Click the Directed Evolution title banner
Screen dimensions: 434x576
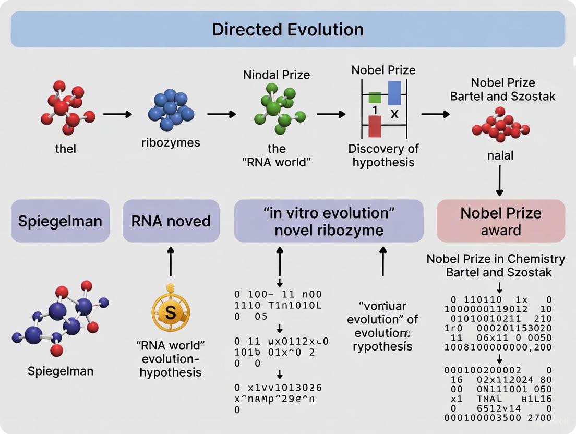[x=287, y=29]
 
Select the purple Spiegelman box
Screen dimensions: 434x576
[x=60, y=221]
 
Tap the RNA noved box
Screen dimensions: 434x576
[x=171, y=221]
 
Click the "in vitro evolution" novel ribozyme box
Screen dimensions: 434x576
[x=329, y=221]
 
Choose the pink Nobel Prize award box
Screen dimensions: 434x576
[x=500, y=221]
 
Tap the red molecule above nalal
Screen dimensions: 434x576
[x=500, y=126]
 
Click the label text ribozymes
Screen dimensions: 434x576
[x=171, y=142]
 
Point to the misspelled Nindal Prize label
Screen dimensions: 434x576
[x=277, y=75]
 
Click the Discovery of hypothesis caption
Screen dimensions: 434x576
[x=383, y=155]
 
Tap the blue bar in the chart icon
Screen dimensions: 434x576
[x=394, y=93]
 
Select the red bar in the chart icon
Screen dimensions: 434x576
[x=375, y=126]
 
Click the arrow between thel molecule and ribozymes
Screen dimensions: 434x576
[x=117, y=114]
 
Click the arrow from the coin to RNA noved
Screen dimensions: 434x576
[x=171, y=261]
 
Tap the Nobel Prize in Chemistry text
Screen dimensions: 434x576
[x=496, y=259]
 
